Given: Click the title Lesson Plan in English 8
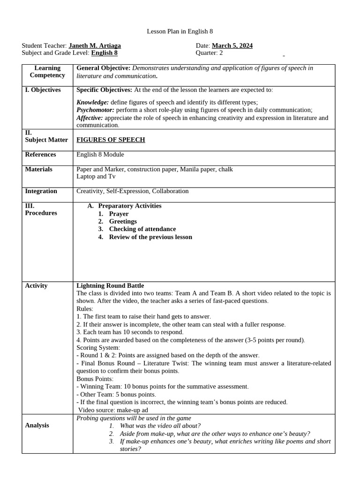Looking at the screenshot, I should coord(180,31).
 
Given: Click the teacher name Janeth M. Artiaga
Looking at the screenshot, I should coord(95,45).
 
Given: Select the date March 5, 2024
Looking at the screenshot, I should coord(232,45).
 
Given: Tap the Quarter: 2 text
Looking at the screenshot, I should coord(209,53).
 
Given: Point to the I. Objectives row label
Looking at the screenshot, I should coord(43,90).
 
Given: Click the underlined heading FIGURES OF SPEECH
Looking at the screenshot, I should coord(111,140).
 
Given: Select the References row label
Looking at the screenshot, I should coord(40,155).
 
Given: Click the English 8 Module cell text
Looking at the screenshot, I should coord(100,155).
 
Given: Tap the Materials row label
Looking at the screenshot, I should coord(38,169).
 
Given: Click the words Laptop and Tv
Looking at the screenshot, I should coord(96,177).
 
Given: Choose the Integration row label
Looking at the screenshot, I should coord(41,191).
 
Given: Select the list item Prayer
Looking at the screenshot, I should coord(119,214).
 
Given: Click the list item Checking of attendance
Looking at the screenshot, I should coord(142,229).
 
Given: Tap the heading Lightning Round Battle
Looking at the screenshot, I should coord(110,285).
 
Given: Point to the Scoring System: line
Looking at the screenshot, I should coord(98,348).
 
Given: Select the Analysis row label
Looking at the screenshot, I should coord(37,426).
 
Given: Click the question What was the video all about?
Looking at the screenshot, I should coord(160,426).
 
